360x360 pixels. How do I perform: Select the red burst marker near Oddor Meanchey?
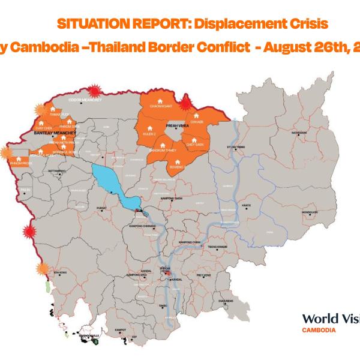[x=94, y=88]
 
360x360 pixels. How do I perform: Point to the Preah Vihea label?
[x=174, y=127]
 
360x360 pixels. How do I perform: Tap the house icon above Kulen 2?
[x=147, y=127]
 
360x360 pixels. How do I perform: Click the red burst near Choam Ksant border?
[x=185, y=101]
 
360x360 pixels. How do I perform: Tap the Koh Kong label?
[x=58, y=274]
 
